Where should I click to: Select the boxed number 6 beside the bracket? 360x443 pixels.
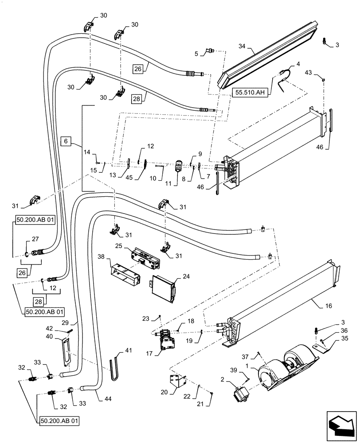[x=65, y=141]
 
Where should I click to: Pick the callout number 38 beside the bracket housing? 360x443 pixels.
[x=101, y=256]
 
